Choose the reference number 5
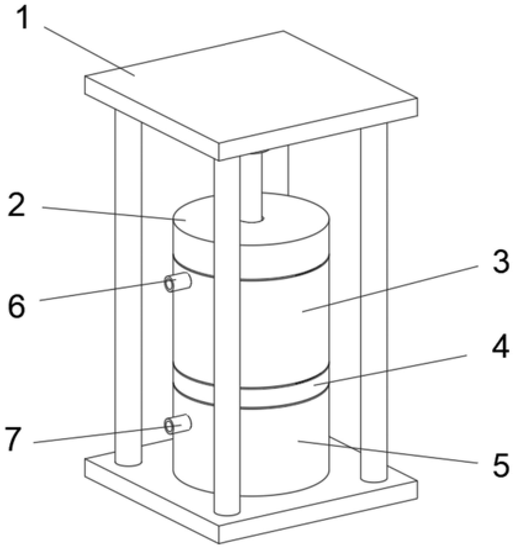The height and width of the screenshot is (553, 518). tap(501, 465)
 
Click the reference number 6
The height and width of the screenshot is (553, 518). tap(17, 306)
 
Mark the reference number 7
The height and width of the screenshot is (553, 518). tap(14, 438)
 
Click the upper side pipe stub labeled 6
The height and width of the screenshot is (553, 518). tap(178, 283)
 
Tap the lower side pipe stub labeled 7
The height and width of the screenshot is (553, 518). tap(178, 424)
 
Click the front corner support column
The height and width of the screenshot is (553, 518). tap(227, 335)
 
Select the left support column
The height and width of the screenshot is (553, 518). tap(128, 286)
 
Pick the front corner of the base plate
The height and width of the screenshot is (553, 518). tap(219, 544)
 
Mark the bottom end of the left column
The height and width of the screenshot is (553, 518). tap(128, 462)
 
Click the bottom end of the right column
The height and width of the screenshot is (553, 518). tap(374, 478)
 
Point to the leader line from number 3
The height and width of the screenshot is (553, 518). tap(390, 289)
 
